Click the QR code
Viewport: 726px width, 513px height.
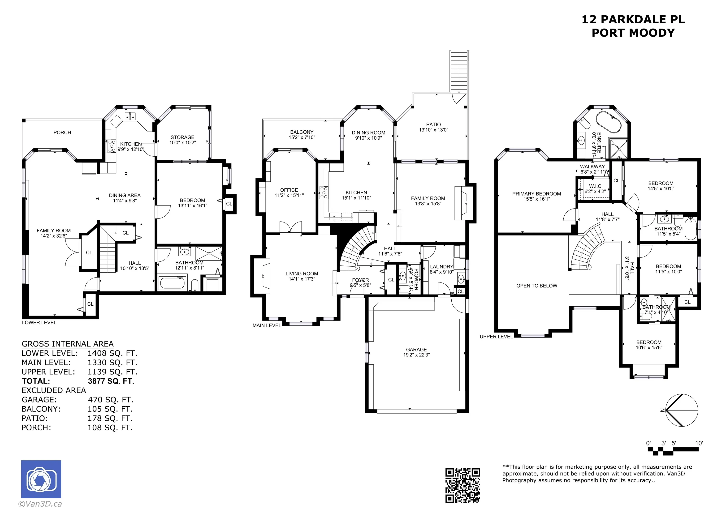462,485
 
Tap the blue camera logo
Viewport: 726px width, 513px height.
41,479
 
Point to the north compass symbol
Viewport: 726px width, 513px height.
681,410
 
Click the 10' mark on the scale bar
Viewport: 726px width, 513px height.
699,443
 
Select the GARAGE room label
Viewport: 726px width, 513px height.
416,350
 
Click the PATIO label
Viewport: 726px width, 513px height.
433,124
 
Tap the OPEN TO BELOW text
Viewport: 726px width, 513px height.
537,286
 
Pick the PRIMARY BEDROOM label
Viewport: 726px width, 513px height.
537,194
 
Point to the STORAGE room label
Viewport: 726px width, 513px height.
182,137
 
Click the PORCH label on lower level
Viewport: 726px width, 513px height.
62,133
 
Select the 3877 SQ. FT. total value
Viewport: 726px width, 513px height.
111,381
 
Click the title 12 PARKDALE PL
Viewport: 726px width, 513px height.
633,19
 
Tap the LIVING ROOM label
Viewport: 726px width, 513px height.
302,274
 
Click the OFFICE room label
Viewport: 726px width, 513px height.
289,190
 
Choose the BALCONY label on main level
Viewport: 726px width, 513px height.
302,132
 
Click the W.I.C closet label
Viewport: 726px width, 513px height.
595,186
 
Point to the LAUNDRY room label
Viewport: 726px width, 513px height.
442,267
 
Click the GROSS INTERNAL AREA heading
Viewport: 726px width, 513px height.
67,344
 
